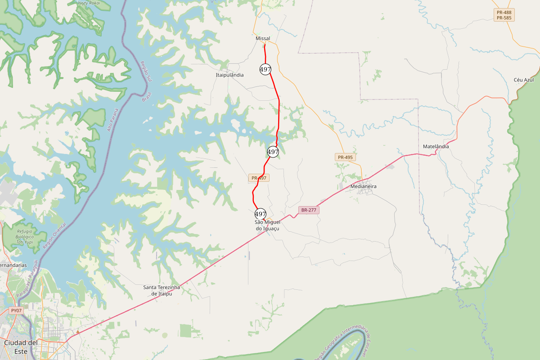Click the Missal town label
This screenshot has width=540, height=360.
coord(262,39)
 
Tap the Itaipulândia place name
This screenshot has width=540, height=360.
coord(229,75)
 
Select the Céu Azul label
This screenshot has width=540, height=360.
coord(523,80)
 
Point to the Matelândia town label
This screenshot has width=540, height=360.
coord(436,147)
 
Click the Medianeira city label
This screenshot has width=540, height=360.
coord(364,186)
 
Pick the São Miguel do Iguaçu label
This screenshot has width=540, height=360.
coord(267,225)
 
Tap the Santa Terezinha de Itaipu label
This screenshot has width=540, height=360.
coord(162,290)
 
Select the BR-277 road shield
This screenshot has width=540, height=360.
coord(309,210)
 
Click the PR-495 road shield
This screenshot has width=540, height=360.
coord(345,157)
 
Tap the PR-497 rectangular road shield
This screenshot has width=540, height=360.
coord(259,178)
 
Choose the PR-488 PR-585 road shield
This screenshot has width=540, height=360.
coord(504,15)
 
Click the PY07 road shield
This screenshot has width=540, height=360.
coord(16,310)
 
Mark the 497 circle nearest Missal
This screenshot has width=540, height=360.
coord(265,69)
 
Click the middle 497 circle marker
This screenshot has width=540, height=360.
coord(273,152)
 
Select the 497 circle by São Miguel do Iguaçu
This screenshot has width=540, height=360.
coord(261,214)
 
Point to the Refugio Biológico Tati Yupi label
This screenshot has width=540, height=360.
coord(25,237)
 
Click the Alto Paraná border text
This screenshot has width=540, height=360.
coord(112,120)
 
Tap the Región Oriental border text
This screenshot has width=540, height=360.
coord(54,236)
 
